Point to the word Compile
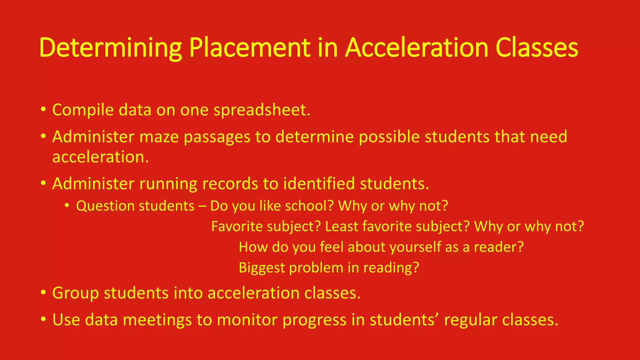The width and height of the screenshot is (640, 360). pos(83,110)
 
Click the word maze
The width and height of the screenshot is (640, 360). pos(159,137)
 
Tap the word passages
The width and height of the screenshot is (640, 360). pos(217,137)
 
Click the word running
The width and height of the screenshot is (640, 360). pos(168,184)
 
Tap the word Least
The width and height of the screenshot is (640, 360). pos(342,226)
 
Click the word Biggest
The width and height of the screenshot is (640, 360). pos(262,268)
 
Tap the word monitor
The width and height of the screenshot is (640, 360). pos(247,320)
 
